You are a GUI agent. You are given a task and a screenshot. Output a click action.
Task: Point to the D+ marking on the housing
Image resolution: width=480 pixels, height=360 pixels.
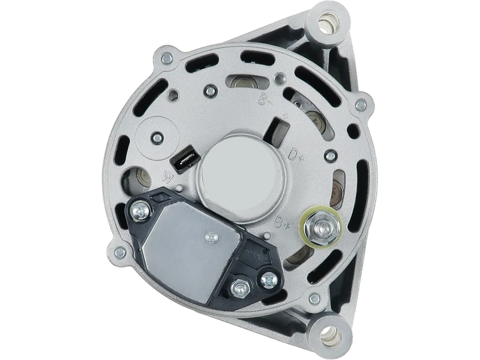point(296,156)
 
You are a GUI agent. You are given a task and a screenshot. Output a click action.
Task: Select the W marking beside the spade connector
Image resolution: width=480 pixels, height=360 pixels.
point(169,177)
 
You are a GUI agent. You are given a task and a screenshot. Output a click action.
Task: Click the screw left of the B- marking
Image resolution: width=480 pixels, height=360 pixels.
point(210,91)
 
